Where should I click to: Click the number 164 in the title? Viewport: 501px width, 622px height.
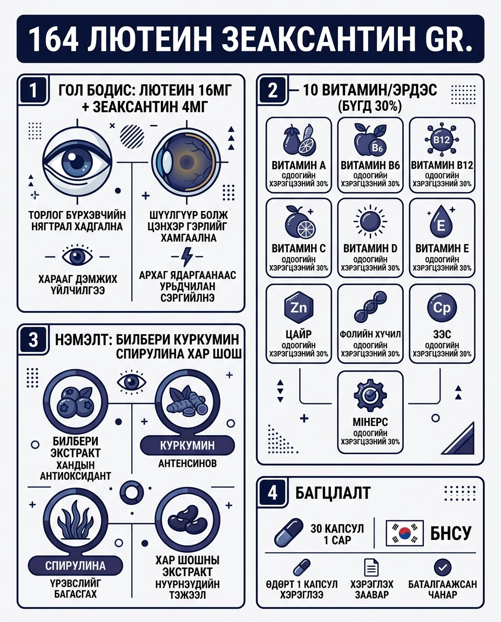(53, 39)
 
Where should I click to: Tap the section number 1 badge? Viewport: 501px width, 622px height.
(33, 91)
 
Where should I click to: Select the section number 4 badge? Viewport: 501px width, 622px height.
(273, 493)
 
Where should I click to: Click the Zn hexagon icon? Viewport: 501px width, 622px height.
(299, 307)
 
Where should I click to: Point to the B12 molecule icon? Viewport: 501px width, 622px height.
(442, 140)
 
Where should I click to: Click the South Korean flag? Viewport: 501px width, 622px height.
(405, 533)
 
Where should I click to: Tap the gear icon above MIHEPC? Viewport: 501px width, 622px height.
(370, 395)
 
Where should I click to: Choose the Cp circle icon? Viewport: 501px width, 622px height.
(442, 307)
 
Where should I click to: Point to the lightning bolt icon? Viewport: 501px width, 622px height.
(187, 256)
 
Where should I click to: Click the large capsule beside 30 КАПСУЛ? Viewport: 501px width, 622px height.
(289, 533)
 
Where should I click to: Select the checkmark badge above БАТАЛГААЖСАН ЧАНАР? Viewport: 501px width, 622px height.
(442, 567)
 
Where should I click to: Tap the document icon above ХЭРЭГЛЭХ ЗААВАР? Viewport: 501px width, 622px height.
(371, 567)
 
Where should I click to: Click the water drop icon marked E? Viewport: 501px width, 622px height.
(441, 221)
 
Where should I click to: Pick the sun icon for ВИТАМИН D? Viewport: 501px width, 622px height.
(370, 220)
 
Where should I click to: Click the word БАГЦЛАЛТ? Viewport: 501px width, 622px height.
(333, 493)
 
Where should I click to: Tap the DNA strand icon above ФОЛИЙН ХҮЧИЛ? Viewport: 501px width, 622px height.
(370, 307)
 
